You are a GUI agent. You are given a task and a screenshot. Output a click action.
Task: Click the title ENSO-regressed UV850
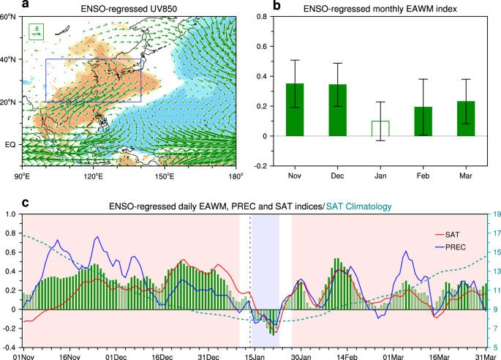pos(129,7)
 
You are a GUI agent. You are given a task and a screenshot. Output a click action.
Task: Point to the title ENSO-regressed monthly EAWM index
pos(388,7)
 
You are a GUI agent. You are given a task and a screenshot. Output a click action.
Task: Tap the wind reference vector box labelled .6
pos(37,31)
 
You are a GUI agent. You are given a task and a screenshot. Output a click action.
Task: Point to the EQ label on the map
pos(11,145)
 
